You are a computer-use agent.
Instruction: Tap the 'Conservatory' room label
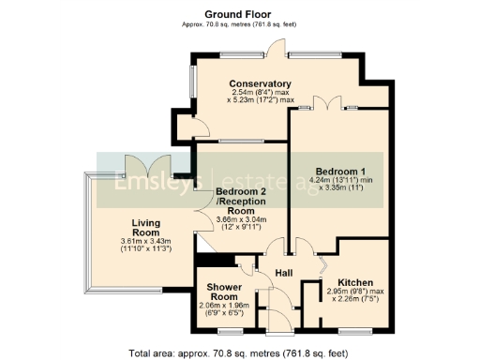[x=260, y=83]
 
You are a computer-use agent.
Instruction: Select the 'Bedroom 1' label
[x=339, y=171]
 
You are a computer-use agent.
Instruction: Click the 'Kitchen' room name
[x=356, y=282]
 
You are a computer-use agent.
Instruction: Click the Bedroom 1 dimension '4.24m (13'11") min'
[x=341, y=181]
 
